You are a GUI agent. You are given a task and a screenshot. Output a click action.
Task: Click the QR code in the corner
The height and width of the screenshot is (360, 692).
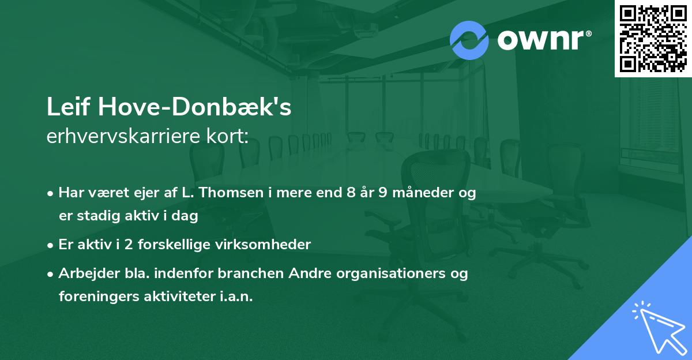[x=653, y=38]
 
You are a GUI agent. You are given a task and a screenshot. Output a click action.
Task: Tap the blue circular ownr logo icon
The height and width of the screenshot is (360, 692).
[x=469, y=40]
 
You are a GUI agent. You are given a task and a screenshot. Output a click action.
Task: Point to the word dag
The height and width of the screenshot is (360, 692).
[x=186, y=216]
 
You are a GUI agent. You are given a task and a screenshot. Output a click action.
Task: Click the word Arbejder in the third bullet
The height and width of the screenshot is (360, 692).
[x=85, y=273]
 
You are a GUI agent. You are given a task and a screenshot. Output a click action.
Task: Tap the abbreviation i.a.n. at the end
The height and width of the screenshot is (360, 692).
[x=236, y=297]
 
